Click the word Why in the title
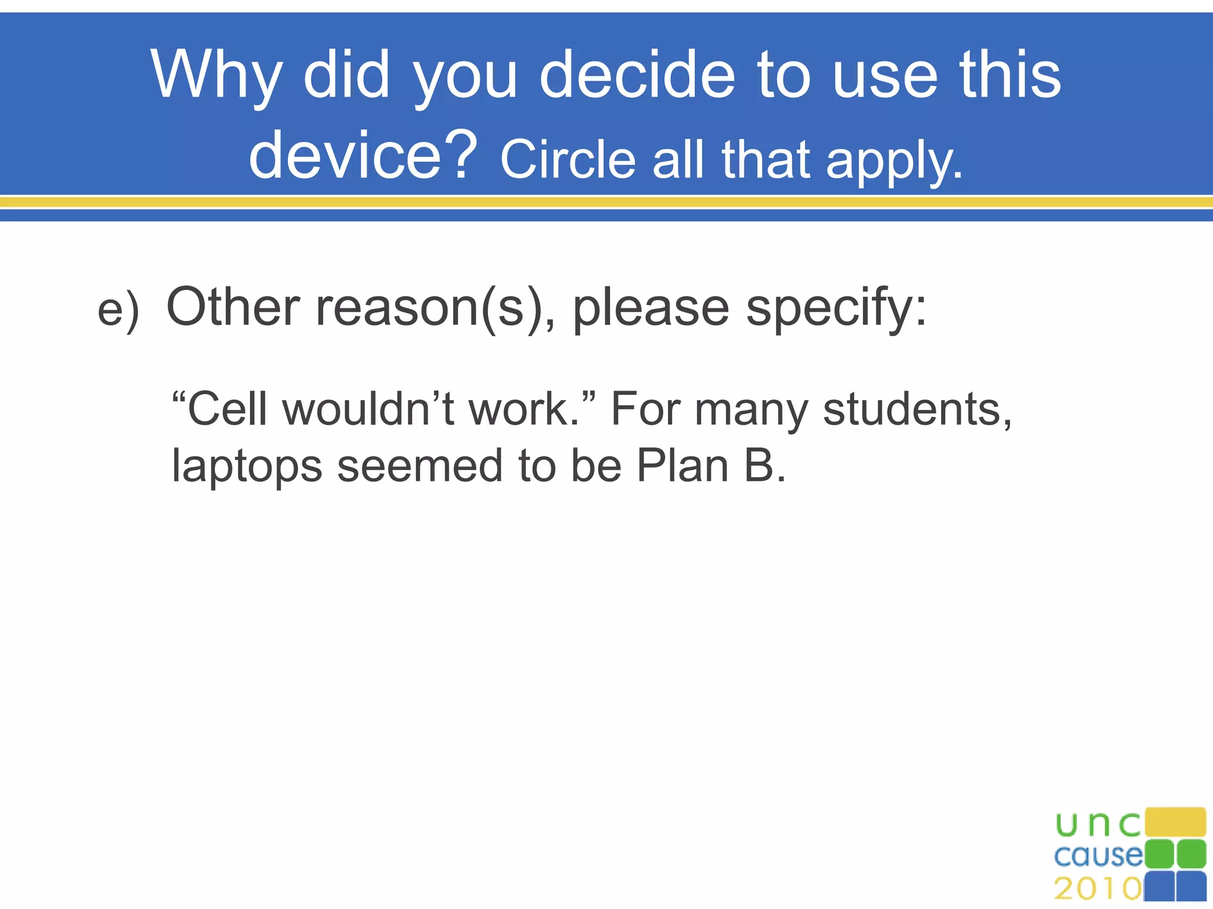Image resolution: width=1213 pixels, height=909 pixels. [x=216, y=76]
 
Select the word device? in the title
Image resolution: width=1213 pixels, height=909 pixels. [x=362, y=155]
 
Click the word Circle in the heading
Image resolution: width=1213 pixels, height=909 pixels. [x=567, y=160]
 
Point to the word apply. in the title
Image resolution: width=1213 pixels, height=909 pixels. [x=894, y=161]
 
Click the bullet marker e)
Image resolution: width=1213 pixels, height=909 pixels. [x=118, y=310]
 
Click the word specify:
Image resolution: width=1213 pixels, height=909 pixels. [x=836, y=308]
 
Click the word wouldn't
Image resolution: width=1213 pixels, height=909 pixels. [x=368, y=409]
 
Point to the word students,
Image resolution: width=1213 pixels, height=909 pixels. [x=917, y=409]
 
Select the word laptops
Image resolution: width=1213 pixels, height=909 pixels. [x=246, y=466]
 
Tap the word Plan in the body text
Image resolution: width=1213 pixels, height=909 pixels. [x=682, y=465]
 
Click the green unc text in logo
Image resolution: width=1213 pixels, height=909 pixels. [x=1098, y=824]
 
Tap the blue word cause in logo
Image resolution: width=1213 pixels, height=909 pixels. [x=1098, y=856]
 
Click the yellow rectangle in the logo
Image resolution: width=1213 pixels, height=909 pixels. [x=1175, y=822]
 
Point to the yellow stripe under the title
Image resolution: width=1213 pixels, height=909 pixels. [x=606, y=202]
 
